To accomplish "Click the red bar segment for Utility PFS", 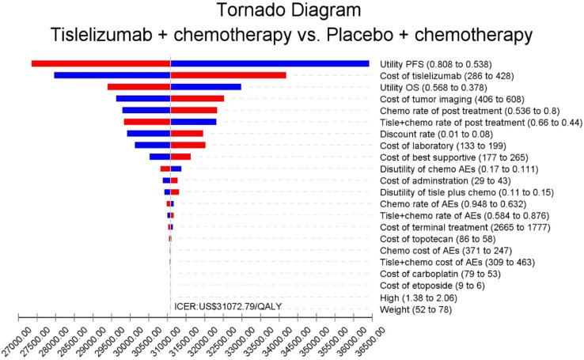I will (101, 63).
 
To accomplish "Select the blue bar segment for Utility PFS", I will (270, 63).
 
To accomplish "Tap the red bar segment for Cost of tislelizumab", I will (228, 75).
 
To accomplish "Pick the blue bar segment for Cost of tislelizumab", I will (112, 75).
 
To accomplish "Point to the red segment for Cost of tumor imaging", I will (197, 99).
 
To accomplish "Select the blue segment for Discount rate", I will (149, 134).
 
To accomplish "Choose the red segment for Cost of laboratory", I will (188, 146).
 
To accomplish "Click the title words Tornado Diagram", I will (291, 12).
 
